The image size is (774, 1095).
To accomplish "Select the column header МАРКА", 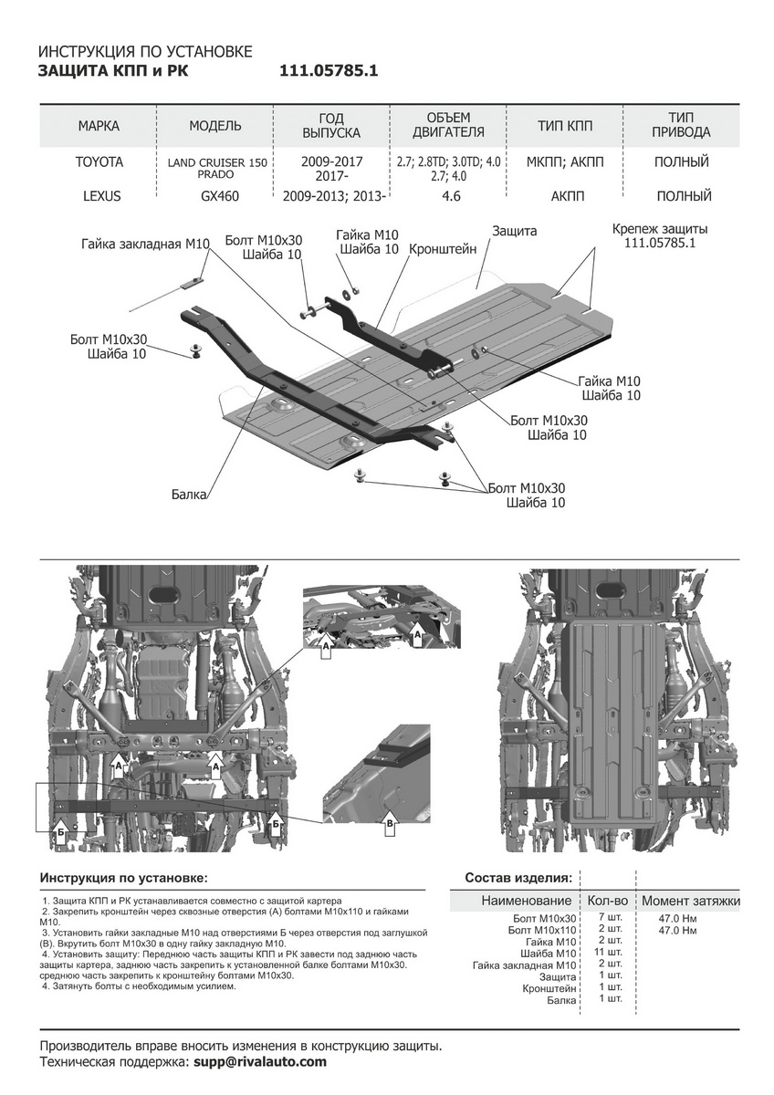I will [x=99, y=125].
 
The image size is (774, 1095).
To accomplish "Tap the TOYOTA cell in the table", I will [x=99, y=162].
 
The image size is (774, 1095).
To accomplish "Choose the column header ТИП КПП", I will [x=566, y=125].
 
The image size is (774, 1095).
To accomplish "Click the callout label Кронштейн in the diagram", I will [x=443, y=248].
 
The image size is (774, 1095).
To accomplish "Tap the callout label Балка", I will [x=189, y=495].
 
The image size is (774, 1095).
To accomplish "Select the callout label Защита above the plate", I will [x=514, y=232].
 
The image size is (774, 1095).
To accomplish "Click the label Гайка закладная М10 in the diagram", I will [x=145, y=244].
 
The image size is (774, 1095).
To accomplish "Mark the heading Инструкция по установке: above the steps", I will [x=124, y=877].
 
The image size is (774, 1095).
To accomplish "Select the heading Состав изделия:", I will [x=518, y=877].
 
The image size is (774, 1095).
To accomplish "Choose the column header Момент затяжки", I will [x=690, y=901].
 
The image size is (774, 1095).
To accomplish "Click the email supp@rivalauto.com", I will [x=259, y=1062].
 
